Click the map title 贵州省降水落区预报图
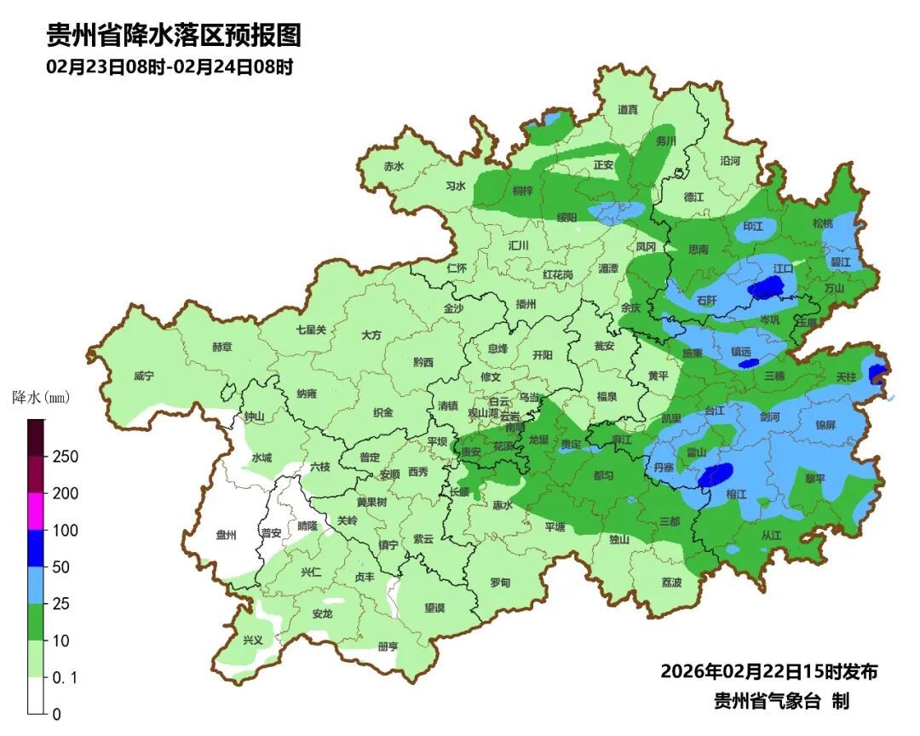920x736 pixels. pos(174,36)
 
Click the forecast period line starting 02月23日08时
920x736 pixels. pos(170,67)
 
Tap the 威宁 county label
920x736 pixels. pos(144,376)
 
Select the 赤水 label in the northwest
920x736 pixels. pos(393,166)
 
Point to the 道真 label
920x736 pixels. pos(628,109)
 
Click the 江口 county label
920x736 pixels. pos(783,267)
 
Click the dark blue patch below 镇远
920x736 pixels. pos(748,363)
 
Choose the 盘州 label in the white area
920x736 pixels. pos(226,534)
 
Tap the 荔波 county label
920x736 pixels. pos(671,582)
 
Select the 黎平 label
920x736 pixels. pos(815,479)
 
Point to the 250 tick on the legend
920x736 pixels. pos(66,457)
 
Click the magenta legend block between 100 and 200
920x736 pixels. pos(36,511)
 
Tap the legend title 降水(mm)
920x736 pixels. pos(40,398)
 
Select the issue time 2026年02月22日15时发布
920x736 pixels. pos(768,671)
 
